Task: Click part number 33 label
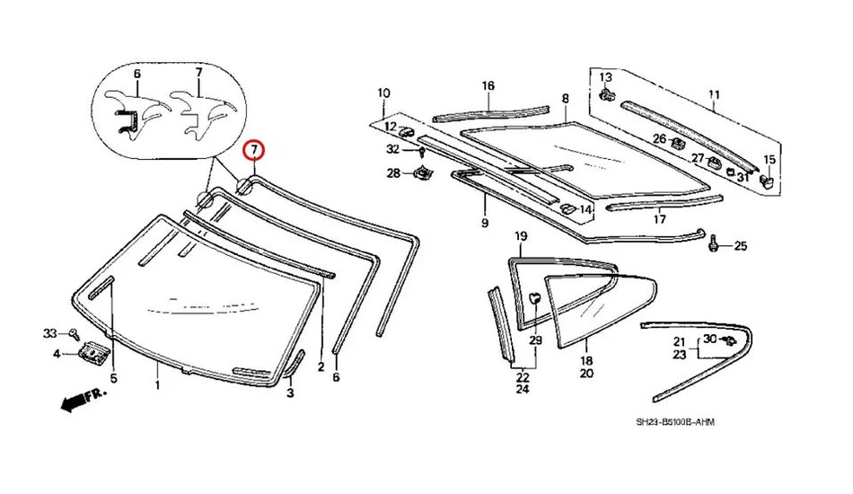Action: pos(50,334)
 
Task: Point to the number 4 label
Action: pos(57,354)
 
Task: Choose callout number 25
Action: pos(741,245)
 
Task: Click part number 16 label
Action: pos(488,86)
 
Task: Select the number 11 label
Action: pos(714,94)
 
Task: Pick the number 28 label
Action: pos(393,173)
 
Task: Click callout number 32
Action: pos(393,149)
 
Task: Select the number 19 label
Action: pos(520,236)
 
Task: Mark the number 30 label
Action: pos(709,339)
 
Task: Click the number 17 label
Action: pos(660,218)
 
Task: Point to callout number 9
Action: pos(484,222)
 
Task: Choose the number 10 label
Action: pos(383,93)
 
